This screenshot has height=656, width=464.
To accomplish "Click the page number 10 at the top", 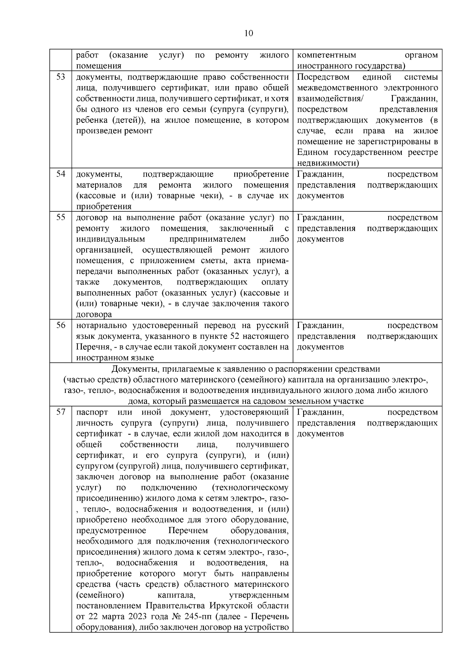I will pos(249,33).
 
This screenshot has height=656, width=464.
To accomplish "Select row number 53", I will pos(61,77).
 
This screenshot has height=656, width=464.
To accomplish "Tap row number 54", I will pos(61,174).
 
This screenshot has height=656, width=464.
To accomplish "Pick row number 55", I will pos(61,217).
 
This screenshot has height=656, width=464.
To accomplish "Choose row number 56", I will pos(61,325).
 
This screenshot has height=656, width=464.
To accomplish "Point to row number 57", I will pos(61,412).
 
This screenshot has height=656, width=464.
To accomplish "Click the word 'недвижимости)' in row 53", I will pos(328,163).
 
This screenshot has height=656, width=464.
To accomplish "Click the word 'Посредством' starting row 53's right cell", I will pos(323,77).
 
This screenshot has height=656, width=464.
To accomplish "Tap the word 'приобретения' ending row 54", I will pos(104,206).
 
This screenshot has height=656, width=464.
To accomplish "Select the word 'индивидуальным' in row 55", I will pos(110,239).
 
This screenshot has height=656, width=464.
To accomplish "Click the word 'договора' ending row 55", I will pos(94,314).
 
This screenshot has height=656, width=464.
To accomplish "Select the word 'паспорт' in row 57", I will pos(92,412).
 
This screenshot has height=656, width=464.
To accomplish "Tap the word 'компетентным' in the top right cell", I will pos(326,55).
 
